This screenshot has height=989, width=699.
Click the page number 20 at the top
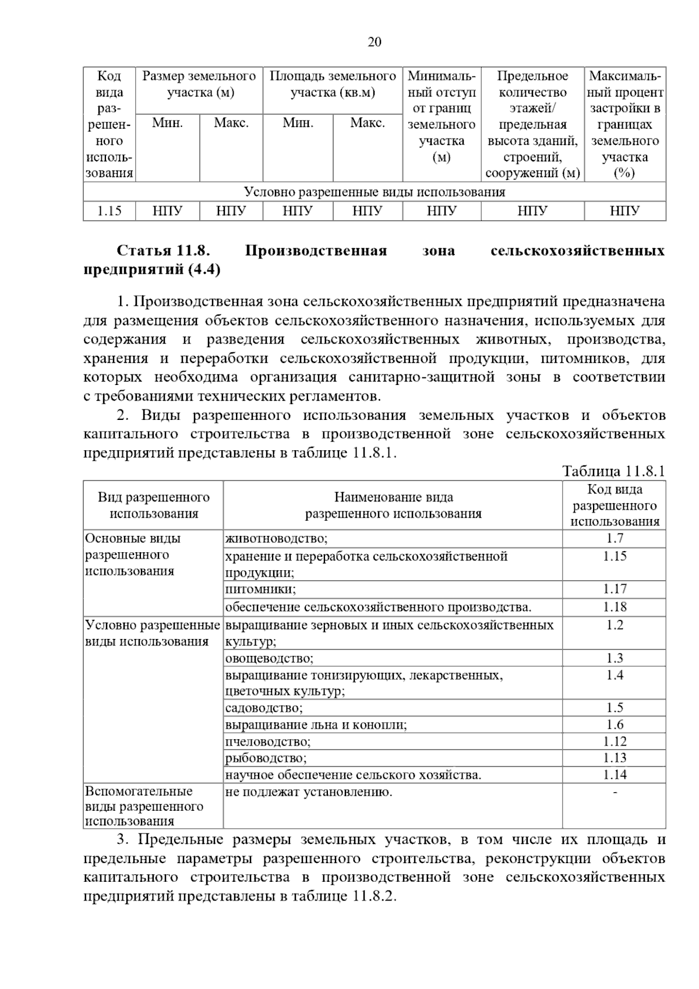[x=374, y=42]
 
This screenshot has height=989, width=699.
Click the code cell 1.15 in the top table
[x=109, y=211]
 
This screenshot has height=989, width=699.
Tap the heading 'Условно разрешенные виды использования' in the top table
[x=374, y=192]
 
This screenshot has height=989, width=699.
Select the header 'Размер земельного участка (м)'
[x=199, y=84]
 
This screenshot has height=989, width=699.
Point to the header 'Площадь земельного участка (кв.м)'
[x=333, y=84]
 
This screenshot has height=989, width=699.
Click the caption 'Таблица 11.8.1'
[x=613, y=471]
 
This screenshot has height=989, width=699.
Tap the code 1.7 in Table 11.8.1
[x=615, y=539]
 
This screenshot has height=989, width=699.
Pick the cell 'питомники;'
[x=260, y=589]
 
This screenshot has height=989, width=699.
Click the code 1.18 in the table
[x=615, y=607]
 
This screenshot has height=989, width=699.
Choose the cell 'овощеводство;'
[x=269, y=659]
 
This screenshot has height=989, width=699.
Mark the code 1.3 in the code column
[x=615, y=659]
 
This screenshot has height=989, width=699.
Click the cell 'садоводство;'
[x=264, y=708]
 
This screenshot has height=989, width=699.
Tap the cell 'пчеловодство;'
[x=268, y=741]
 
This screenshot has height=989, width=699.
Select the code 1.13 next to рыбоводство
[x=615, y=758]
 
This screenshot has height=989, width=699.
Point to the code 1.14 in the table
[x=615, y=775]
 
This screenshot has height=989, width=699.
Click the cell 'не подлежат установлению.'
[x=309, y=792]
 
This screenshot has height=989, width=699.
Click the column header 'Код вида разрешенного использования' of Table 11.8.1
[x=615, y=506]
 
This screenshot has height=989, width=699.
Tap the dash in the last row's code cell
[x=615, y=792]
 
